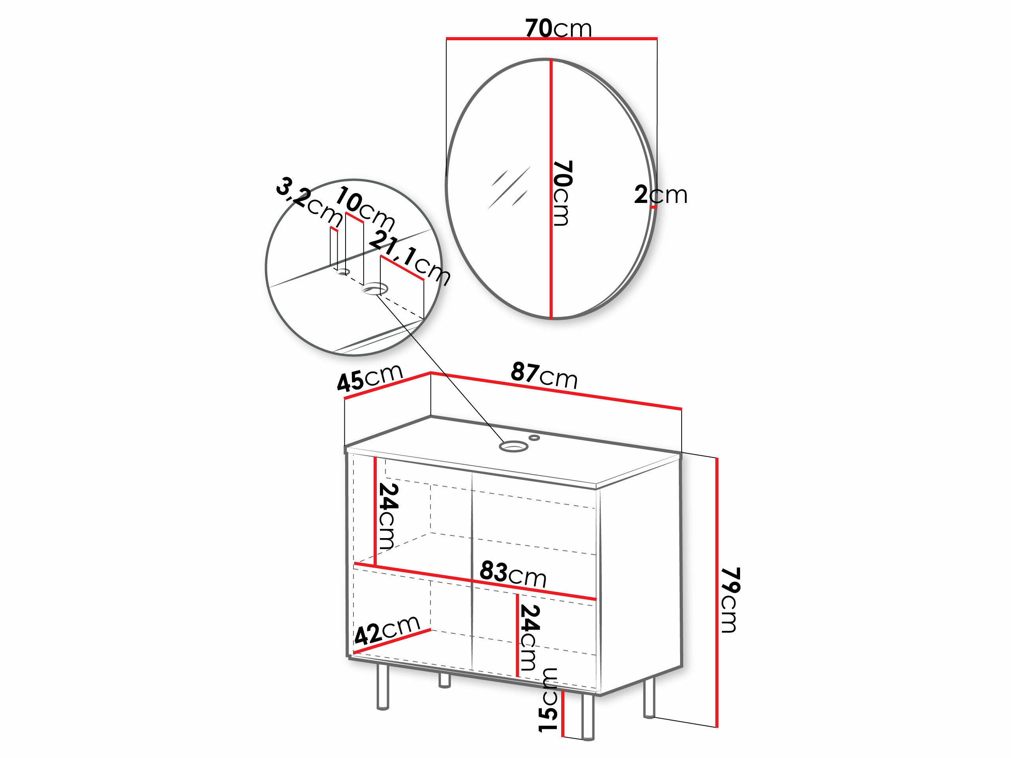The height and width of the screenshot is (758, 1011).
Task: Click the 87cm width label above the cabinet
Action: click(544, 375)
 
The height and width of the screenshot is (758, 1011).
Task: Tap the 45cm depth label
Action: click(369, 377)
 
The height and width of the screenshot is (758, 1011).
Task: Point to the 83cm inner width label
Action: click(513, 574)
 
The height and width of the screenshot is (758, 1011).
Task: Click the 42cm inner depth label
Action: click(387, 629)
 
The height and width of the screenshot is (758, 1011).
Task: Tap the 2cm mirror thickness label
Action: click(660, 195)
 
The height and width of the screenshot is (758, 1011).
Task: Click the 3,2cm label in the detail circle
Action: click(310, 201)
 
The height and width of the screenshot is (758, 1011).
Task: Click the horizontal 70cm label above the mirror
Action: click(558, 28)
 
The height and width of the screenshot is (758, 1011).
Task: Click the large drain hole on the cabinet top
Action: click(514, 447)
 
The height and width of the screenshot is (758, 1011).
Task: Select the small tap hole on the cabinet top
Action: click(534, 438)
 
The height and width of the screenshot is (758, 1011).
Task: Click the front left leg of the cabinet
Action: click(383, 687)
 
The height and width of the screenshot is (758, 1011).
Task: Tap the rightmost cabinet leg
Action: click(649, 698)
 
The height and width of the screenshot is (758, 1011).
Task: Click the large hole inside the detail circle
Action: click(375, 289)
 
